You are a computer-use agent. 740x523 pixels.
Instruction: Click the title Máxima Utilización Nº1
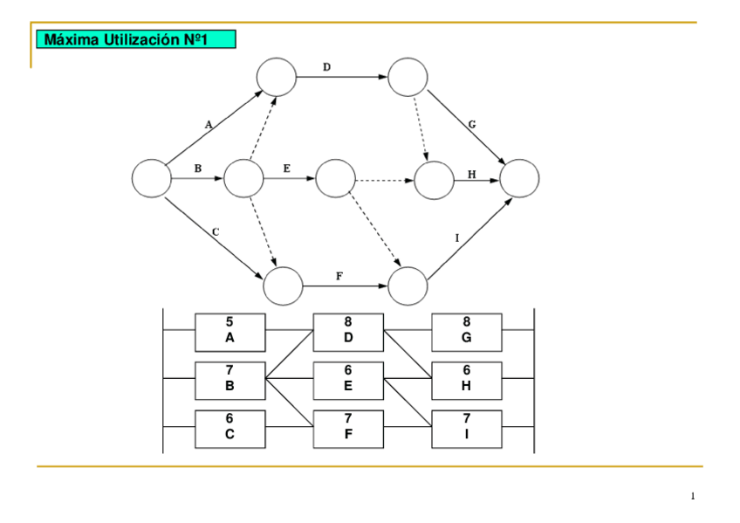click(135, 39)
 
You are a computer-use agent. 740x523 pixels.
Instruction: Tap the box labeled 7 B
click(230, 380)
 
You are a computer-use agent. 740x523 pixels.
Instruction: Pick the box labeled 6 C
click(230, 428)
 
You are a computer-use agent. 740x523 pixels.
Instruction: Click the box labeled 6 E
click(348, 380)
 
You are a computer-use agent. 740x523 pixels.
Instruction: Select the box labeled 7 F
click(348, 428)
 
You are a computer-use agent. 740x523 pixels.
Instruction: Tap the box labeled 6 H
click(467, 380)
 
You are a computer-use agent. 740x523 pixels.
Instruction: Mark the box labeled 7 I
click(467, 428)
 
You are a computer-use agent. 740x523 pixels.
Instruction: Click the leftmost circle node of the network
click(151, 178)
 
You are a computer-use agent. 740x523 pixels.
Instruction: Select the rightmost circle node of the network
click(519, 178)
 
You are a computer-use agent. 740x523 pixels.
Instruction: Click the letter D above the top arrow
click(326, 66)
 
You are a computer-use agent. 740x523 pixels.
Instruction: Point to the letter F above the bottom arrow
click(339, 276)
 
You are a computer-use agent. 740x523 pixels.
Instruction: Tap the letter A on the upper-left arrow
click(208, 125)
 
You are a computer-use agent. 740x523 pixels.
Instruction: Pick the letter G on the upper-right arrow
click(472, 124)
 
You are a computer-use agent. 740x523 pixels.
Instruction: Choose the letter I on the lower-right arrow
click(457, 237)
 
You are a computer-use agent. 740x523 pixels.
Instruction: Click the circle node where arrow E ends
click(335, 178)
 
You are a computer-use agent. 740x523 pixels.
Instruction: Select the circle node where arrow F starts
click(283, 286)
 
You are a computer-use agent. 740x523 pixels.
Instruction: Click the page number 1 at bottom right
click(693, 497)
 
